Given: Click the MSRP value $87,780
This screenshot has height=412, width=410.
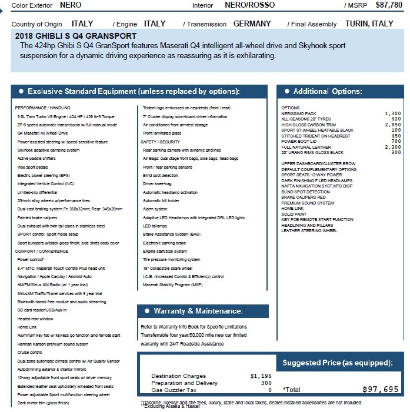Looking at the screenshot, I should point(389,5).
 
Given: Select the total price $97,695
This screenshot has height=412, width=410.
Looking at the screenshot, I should point(381,389).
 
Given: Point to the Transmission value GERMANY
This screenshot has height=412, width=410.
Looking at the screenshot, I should point(252,24).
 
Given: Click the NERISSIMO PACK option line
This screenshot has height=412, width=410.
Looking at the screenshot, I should point(299,113).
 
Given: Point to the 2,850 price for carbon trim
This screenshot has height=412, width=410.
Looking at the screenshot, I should point(392,125).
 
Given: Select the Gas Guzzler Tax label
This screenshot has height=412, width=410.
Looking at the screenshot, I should point(175,390).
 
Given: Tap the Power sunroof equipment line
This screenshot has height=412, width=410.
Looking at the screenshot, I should point(30,259).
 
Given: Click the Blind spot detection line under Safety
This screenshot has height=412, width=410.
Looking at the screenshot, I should point(161,175).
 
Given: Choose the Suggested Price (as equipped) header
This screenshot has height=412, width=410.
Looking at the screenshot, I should point(337,363).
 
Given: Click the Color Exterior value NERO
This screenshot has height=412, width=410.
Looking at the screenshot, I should point(71,5).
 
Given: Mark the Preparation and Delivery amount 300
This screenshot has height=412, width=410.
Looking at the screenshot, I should point(266,383).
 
